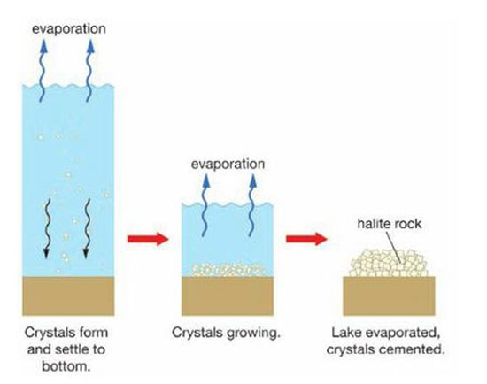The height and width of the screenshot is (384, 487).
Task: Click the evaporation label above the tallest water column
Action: pyautogui.click(x=69, y=29)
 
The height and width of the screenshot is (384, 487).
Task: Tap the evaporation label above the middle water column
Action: pyautogui.click(x=228, y=164)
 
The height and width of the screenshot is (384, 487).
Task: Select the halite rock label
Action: pyautogui.click(x=390, y=224)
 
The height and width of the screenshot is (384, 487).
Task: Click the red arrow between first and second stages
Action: pyautogui.click(x=148, y=239)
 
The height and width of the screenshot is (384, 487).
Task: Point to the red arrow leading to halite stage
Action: pyautogui.click(x=306, y=239)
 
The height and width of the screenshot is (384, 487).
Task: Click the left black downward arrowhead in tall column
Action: pyautogui.click(x=46, y=254)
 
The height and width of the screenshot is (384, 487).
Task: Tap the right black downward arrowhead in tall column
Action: pyautogui.click(x=86, y=254)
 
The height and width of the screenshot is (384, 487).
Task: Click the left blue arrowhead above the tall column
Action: pyautogui.click(x=44, y=46)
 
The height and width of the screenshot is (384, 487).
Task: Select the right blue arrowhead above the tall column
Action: pyautogui.click(x=90, y=46)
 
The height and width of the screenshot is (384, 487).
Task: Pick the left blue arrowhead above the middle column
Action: pyautogui.click(x=206, y=180)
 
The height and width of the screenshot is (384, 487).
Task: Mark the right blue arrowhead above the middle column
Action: pyautogui.click(x=253, y=180)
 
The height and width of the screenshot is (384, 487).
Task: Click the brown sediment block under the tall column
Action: pyautogui.click(x=68, y=296)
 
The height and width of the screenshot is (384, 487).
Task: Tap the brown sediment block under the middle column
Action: pyautogui.click(x=228, y=296)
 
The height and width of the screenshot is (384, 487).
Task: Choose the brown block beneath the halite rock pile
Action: pyautogui.click(x=389, y=296)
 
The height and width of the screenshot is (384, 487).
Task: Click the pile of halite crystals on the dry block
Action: pyautogui.click(x=389, y=264)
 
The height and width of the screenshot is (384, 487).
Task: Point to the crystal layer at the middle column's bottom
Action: pyautogui.click(x=228, y=270)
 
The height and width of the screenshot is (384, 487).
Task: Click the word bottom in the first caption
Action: pyautogui.click(x=66, y=366)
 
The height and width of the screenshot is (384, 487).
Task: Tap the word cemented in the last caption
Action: pyautogui.click(x=413, y=349)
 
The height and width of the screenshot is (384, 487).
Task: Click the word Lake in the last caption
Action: pyautogui.click(x=346, y=333)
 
